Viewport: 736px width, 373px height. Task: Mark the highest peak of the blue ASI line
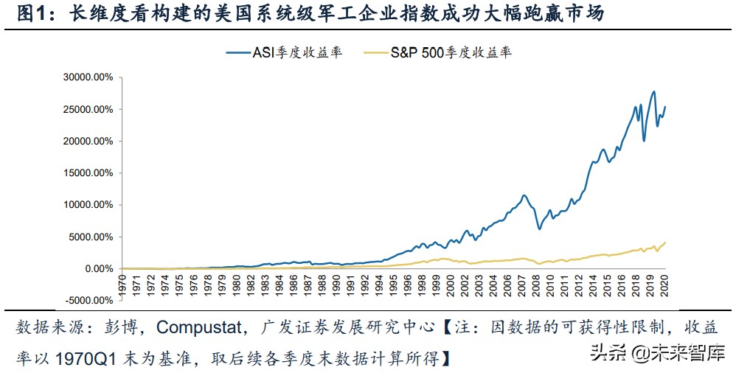click(653, 91)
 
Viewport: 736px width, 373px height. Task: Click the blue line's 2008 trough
click(540, 229)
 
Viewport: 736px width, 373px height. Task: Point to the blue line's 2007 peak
click(524, 195)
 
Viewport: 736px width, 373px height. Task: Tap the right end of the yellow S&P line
click(665, 243)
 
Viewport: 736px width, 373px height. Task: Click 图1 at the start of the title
click(32, 13)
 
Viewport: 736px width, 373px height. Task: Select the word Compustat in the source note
click(198, 327)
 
